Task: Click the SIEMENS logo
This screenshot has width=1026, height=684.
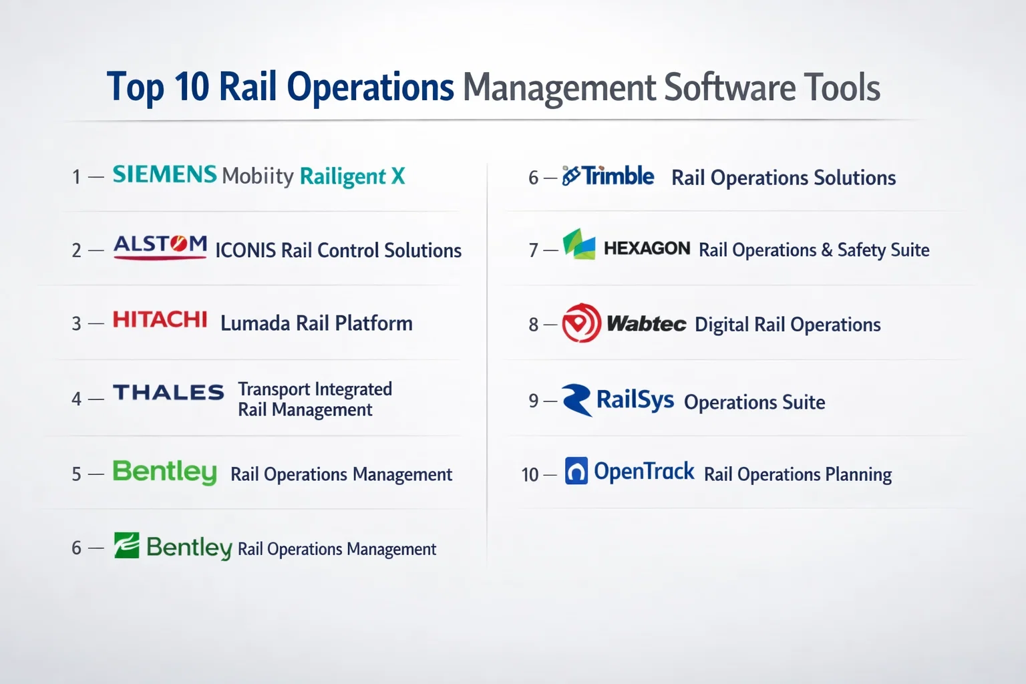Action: (164, 174)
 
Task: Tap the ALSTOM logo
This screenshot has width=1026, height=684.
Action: (160, 247)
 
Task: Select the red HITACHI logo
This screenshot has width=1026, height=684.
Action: (160, 319)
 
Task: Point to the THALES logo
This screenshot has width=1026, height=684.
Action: (168, 392)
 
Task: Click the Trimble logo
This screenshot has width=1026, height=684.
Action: (608, 176)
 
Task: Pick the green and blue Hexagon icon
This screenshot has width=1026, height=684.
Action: (579, 244)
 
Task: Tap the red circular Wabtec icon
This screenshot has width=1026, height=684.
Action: (581, 323)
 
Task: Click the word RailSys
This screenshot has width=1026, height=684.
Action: (635, 400)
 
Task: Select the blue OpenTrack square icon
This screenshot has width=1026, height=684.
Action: (576, 470)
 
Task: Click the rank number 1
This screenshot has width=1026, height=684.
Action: (77, 177)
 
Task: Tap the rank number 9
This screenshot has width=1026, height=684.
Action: (534, 401)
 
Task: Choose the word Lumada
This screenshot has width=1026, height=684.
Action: (255, 323)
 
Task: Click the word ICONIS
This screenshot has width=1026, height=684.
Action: (246, 250)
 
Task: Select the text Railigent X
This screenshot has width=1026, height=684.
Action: (352, 176)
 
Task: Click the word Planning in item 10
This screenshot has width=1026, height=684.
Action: (858, 475)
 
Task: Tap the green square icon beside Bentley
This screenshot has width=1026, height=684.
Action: (126, 545)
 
